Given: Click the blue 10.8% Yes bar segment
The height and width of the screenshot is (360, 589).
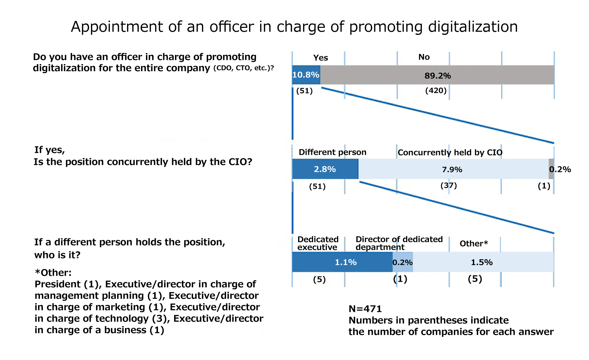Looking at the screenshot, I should pos(306,75).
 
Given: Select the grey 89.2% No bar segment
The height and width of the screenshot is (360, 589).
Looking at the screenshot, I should pos(437,75).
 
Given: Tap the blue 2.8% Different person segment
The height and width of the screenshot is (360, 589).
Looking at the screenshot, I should pos(325,169).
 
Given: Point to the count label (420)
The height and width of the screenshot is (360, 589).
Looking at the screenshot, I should pos(436,91).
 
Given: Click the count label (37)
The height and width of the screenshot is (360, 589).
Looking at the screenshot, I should pos(449,186).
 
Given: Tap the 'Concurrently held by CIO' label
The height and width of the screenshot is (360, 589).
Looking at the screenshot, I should pos(450,153).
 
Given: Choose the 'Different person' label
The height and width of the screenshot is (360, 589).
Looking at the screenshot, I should pos(332,152).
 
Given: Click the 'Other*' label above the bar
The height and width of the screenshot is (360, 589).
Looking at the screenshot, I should pos(473,243).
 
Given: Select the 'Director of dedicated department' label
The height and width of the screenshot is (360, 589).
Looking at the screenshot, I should pos(399,243).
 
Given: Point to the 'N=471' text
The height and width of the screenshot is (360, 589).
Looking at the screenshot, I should pos(365,309).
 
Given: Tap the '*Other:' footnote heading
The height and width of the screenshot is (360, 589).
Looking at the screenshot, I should pos(53,273).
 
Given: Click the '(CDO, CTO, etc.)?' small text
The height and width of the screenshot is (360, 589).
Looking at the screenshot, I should pos(243,68).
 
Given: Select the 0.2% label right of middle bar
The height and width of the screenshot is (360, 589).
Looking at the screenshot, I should pos(560,169).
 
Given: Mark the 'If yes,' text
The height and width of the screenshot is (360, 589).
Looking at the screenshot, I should pos(50,150).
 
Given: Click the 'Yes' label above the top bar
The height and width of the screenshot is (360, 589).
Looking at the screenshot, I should pos(320,58).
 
